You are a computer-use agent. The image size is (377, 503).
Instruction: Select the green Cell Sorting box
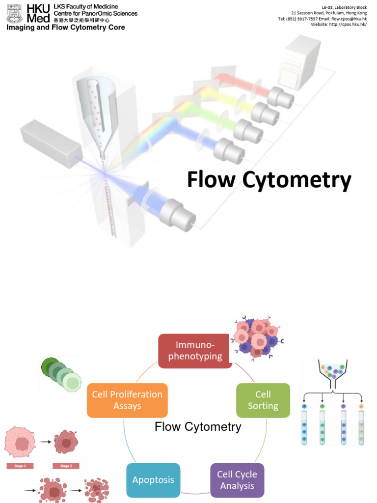click(263, 400)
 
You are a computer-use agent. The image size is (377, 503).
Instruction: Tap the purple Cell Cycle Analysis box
click(237, 480)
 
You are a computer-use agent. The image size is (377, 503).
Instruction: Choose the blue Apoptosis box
click(153, 480)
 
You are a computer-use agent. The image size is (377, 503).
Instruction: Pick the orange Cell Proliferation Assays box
click(127, 400)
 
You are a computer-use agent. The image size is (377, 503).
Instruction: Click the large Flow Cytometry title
click(269, 180)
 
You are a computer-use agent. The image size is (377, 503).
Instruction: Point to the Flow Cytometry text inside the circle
click(198, 426)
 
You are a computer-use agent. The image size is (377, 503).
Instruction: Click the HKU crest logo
click(14, 13)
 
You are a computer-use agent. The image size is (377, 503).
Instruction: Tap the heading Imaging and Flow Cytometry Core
click(66, 28)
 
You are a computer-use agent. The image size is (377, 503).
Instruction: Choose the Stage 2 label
click(66, 466)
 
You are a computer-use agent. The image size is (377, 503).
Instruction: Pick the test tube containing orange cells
click(361, 427)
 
